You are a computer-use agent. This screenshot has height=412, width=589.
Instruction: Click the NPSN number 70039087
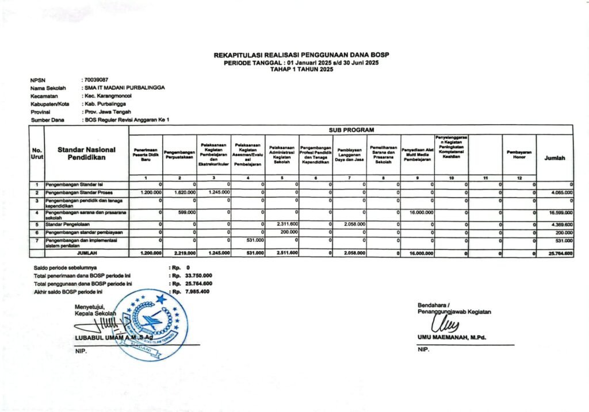pos(96,80)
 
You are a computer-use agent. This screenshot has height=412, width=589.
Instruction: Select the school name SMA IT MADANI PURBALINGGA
pos(124,87)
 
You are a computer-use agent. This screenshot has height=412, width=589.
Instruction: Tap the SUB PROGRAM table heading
pos(351,130)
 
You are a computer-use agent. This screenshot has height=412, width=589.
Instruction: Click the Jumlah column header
pos(555,157)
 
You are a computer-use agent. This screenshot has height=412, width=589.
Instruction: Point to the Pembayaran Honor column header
pos(519,154)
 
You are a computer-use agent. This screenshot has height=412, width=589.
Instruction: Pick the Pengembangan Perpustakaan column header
pos(180,154)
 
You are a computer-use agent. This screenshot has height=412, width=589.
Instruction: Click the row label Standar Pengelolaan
pos(66,224)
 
